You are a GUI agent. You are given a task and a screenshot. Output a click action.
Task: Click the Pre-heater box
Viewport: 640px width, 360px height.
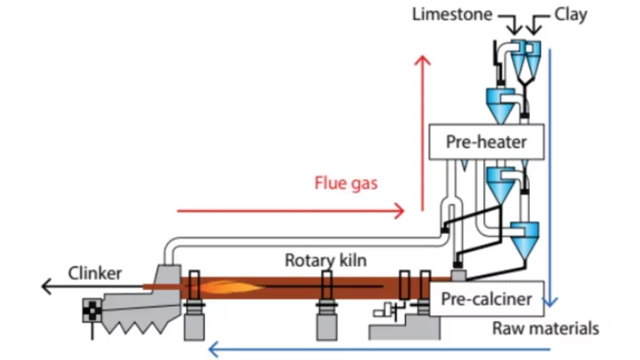click(487, 142)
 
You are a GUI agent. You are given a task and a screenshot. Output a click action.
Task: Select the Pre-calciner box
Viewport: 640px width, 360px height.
click(487, 295)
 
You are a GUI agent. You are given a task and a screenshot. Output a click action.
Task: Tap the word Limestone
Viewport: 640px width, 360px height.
click(451, 14)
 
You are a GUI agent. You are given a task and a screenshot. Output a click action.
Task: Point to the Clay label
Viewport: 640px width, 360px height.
click(571, 14)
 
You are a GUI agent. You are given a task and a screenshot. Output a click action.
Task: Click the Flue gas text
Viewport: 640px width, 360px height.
click(346, 182)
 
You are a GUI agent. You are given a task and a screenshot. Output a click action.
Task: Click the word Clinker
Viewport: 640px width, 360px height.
click(96, 273)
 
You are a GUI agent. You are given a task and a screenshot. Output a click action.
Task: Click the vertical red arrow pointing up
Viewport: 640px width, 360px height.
click(423, 125)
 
